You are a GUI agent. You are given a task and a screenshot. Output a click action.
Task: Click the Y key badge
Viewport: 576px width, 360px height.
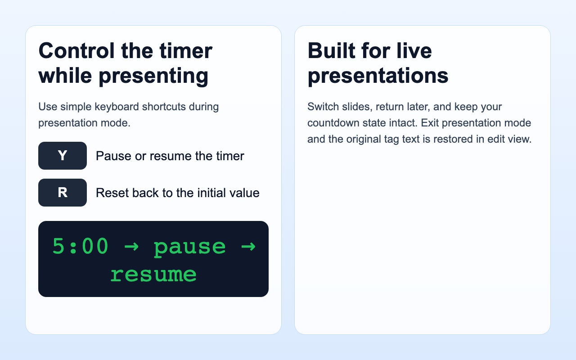click(63, 156)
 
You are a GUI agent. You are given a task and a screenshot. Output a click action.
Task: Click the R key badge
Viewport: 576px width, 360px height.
click(63, 193)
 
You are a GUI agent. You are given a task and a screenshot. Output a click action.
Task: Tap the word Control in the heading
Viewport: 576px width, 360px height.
click(76, 50)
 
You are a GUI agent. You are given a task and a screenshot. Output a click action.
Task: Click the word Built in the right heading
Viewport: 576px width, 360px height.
click(330, 50)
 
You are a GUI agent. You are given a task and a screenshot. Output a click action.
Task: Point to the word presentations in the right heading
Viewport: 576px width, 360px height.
click(378, 76)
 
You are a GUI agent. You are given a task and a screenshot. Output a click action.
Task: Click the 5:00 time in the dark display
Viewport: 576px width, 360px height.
click(81, 247)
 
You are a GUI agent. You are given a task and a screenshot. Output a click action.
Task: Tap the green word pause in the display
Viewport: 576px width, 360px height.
click(189, 247)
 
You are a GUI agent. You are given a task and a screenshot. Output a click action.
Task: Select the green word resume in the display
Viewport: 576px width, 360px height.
click(153, 274)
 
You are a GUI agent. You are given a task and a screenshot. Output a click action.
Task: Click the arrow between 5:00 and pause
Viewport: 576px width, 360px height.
click(131, 247)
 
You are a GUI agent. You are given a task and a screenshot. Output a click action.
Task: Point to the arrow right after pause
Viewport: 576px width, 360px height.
click(248, 247)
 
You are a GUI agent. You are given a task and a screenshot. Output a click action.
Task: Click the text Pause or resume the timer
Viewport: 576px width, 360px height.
click(170, 156)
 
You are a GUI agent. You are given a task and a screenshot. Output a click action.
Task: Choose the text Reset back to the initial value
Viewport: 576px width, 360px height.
click(178, 193)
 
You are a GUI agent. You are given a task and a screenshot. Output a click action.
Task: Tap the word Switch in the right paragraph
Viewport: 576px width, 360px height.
click(321, 107)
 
